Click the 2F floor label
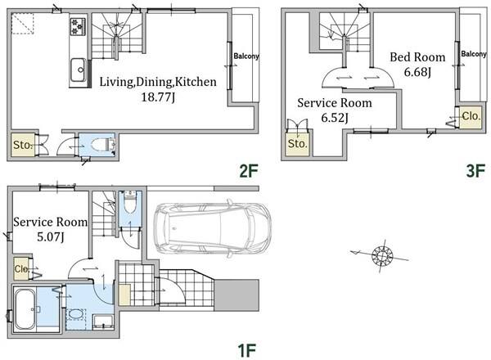tap(249, 171)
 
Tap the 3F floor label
tap(475, 171)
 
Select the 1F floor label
tap(247, 350)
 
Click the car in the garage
tap(212, 228)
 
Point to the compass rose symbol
tap(381, 256)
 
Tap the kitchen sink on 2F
tap(78, 70)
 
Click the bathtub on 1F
tap(25, 309)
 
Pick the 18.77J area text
tap(158, 97)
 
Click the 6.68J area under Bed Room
tap(417, 72)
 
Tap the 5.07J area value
tap(51, 237)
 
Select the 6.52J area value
tap(335, 118)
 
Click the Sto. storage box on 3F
tap(298, 143)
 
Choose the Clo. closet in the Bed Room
tap(471, 117)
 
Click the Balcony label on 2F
tap(246, 56)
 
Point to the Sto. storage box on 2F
tap(23, 145)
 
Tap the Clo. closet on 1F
tap(21, 268)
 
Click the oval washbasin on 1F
tap(76, 315)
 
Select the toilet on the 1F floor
tap(130, 203)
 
